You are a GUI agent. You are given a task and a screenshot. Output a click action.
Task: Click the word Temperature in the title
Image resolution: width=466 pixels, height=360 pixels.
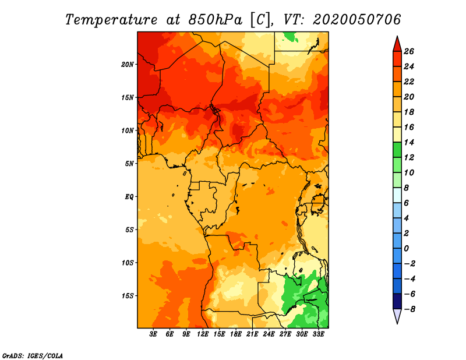coord(111,20)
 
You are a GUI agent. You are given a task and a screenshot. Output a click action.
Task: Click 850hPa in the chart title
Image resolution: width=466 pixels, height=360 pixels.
coord(216,20)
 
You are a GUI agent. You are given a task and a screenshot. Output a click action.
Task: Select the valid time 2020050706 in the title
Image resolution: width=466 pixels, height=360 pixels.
coord(356,20)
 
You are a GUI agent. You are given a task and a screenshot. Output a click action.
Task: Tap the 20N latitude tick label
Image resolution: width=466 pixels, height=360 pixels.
coord(127,65)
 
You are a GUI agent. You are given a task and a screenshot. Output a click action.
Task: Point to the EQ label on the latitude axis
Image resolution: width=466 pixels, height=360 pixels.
coord(129,197)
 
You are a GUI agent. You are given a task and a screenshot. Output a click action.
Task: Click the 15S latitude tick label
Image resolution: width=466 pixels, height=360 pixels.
coord(127,296)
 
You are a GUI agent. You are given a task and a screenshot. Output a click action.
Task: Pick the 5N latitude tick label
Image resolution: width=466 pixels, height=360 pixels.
coord(129,164)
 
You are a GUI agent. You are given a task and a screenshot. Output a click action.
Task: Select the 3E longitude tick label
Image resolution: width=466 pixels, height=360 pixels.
coord(153,334)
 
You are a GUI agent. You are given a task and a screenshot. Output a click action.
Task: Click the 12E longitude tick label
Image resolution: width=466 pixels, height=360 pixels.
coord(203,334)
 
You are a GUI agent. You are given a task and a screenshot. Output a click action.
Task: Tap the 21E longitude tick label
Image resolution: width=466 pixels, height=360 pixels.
coord(252,334)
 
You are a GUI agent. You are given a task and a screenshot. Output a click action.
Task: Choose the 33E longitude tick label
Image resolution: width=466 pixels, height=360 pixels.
coord(318,334)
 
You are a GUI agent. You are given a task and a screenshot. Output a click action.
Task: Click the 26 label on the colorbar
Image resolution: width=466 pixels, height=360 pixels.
coord(409,51)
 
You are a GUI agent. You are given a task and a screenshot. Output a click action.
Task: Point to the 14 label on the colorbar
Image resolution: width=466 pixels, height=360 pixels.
coord(409,142)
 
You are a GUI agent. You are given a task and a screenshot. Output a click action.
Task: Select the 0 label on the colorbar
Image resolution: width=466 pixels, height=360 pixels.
coord(406,249)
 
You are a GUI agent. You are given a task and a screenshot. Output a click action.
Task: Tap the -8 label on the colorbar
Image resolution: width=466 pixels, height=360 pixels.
coord(409,309)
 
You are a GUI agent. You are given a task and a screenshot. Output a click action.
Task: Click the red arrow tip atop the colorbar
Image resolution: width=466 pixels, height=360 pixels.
coord(397,36)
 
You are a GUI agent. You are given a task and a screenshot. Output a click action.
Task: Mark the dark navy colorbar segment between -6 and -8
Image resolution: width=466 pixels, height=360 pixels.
coord(397,301)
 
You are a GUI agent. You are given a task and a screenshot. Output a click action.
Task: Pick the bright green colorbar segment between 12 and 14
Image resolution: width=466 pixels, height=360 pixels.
coord(397,150)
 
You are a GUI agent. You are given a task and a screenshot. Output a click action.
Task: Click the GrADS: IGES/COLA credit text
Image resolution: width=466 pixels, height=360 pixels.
coord(33,356)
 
